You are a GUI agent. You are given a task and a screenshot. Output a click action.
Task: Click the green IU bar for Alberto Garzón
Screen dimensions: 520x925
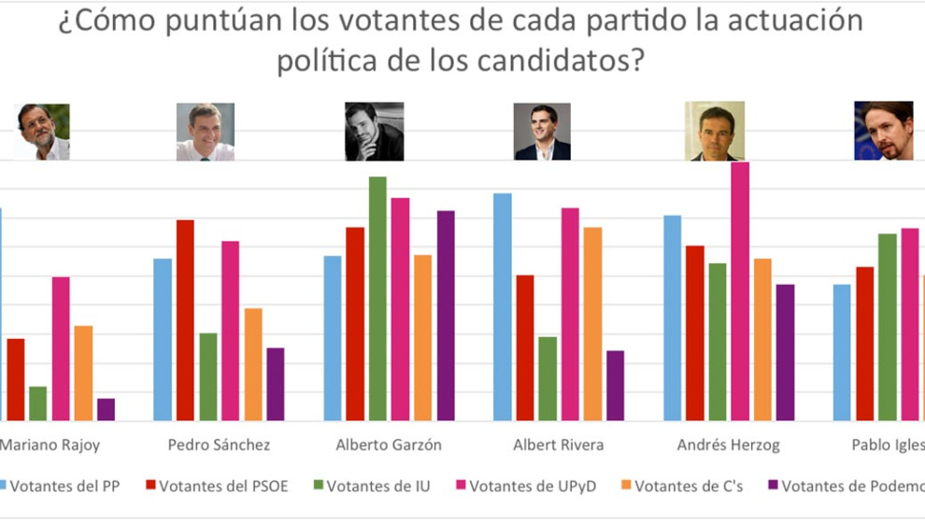point(377,299)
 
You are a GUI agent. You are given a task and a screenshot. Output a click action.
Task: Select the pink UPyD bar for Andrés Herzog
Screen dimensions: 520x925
point(740,291)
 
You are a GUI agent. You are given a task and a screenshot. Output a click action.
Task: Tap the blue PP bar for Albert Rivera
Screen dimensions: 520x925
point(502,307)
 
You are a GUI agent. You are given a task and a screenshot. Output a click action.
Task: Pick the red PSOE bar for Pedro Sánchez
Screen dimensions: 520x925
point(185,320)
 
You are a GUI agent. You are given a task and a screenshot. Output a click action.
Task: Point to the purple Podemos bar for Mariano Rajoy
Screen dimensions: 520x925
point(106,410)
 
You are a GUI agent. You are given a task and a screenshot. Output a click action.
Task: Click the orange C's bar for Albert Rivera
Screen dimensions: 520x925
point(592,324)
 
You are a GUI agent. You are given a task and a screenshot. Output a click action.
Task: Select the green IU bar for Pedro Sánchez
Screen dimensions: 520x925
point(207,377)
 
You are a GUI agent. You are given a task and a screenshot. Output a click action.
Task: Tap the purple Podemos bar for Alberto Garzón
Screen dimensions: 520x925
point(446,316)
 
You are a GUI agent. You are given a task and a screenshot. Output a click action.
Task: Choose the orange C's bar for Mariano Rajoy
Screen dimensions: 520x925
point(83,373)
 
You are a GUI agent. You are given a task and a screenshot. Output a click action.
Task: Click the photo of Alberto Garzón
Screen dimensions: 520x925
point(375,132)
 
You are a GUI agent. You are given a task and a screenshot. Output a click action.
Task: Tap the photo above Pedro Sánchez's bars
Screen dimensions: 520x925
point(206,132)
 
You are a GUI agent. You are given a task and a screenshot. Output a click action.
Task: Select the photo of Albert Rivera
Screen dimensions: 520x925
point(542,132)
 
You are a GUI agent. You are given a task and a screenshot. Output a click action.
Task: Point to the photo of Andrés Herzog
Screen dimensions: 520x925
point(715,132)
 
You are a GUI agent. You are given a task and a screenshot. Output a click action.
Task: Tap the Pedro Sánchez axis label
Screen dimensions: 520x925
point(219,444)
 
